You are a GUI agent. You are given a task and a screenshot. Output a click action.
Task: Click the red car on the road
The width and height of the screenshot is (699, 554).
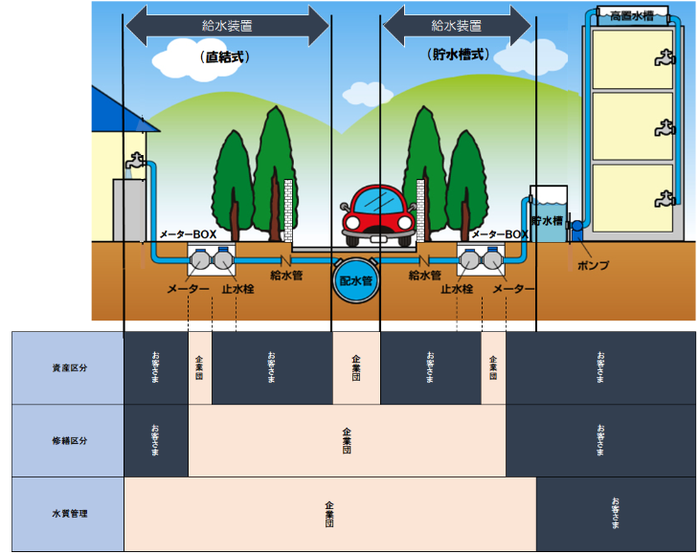[376, 211]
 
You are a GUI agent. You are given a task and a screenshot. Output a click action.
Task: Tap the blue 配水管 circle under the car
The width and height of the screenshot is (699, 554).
[355, 279]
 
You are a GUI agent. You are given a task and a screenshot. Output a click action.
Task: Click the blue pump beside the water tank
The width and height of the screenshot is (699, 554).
[576, 231]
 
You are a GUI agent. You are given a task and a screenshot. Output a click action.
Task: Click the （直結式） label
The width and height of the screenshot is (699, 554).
[225, 56]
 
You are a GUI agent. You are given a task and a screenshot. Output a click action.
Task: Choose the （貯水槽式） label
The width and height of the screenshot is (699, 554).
[456, 55]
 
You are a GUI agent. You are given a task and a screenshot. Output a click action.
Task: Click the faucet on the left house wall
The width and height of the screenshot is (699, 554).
[138, 164]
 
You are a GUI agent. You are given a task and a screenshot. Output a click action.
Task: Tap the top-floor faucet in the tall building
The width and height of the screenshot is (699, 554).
[660, 60]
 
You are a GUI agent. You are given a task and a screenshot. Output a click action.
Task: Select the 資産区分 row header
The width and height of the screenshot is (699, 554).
[68, 367]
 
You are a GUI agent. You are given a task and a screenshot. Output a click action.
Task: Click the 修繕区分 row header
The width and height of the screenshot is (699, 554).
[68, 440]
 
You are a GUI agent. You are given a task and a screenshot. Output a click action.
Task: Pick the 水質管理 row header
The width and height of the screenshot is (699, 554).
[68, 514]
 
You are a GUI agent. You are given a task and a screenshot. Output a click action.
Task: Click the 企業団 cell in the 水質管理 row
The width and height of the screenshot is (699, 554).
[329, 514]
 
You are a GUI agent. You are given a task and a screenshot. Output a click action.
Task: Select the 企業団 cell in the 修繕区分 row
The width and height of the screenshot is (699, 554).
[347, 440]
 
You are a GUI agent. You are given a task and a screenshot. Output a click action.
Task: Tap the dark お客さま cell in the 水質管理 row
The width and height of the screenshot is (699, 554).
[616, 514]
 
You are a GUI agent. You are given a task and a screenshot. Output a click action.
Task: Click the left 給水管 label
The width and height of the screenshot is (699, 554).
[288, 276]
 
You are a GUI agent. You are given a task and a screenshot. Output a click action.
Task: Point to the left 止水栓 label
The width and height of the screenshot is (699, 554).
[237, 288]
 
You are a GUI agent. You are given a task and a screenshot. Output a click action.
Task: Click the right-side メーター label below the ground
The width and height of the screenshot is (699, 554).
[513, 288]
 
